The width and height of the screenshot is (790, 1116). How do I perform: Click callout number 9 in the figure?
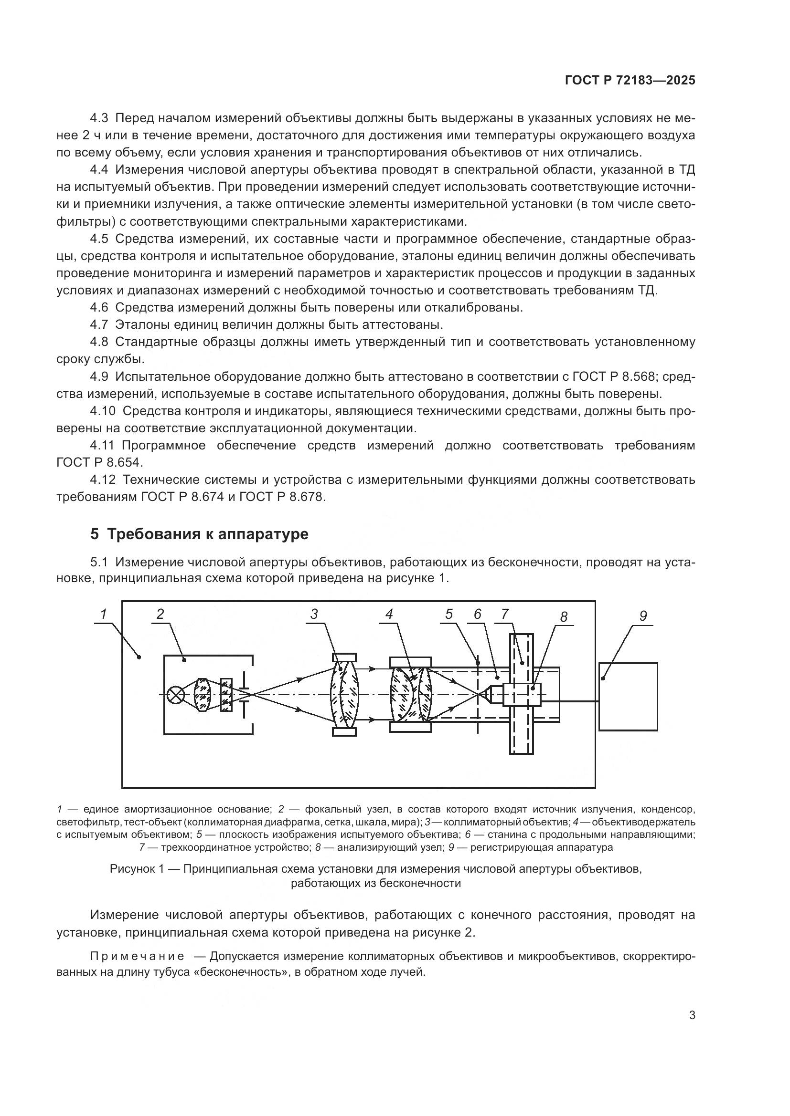643,616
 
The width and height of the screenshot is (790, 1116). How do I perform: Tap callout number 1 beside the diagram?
104,615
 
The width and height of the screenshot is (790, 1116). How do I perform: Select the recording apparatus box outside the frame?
628,697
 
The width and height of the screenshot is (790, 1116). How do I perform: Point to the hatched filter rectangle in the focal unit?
226,696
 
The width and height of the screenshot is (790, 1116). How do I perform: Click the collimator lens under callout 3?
344,695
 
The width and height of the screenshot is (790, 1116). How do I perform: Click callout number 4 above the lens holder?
389,615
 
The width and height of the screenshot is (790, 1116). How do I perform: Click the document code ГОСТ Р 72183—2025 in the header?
630,81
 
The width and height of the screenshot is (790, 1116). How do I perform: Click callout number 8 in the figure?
563,617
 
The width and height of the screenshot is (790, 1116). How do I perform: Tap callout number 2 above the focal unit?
160,615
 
